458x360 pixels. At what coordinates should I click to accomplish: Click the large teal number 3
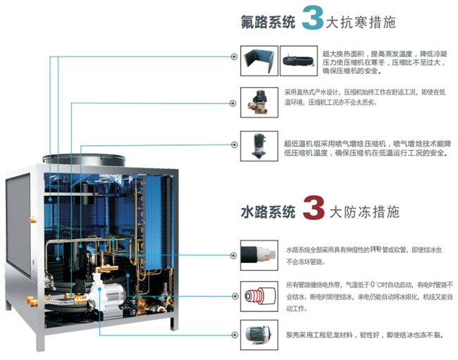311,19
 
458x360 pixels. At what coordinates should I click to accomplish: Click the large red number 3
311,209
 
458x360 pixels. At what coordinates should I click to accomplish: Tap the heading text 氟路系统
268,21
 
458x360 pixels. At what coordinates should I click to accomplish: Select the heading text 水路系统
268,211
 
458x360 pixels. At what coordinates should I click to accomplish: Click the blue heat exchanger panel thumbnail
258,61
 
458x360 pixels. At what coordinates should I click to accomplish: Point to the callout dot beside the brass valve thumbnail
234,103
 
